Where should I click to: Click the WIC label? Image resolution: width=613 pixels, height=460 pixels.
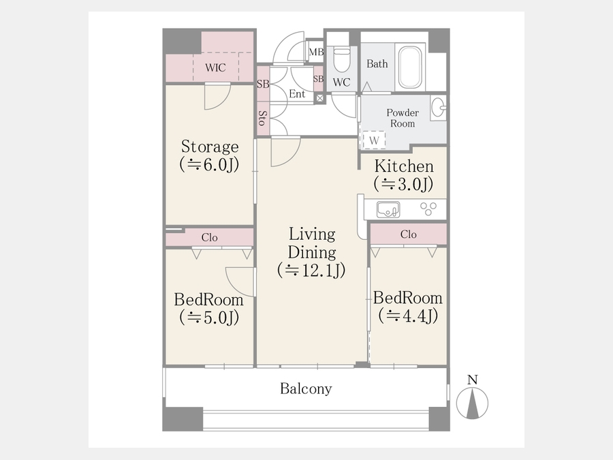click(x=215, y=67)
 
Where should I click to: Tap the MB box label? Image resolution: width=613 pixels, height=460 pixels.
click(x=316, y=52)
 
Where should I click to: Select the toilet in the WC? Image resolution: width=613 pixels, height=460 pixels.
click(x=342, y=60)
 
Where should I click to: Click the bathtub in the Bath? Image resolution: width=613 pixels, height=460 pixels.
click(x=410, y=67)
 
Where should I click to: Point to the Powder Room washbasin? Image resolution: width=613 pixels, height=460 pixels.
click(x=438, y=107)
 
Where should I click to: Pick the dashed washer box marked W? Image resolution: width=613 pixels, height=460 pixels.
click(x=374, y=140)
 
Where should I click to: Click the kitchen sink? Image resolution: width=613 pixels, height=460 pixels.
click(x=388, y=210)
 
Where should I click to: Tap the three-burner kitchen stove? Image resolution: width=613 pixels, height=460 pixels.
click(x=428, y=209)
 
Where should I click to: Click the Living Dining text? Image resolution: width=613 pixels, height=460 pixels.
click(x=312, y=243)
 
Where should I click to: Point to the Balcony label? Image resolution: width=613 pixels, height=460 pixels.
click(x=306, y=388)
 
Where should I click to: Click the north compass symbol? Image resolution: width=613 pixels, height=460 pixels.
click(x=473, y=403)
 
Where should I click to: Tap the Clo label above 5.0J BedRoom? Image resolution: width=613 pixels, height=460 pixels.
click(x=210, y=237)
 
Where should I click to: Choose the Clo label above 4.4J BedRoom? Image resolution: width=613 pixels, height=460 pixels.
click(x=409, y=234)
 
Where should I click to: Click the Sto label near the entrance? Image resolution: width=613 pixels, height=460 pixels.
click(x=263, y=118)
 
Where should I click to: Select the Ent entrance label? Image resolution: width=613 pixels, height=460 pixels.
click(x=297, y=94)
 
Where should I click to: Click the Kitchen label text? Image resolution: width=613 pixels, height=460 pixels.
click(x=404, y=166)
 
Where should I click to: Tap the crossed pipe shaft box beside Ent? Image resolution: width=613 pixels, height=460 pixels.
click(x=320, y=98)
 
